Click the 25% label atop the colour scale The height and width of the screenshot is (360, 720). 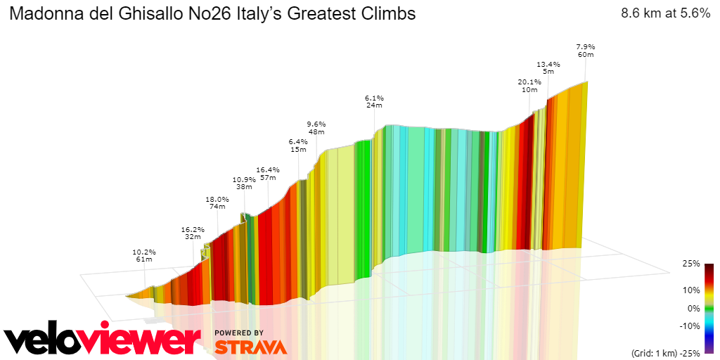pyautogui.click(x=691, y=264)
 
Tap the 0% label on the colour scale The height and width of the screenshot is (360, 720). pyautogui.click(x=693, y=308)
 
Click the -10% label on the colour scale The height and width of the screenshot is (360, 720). pyautogui.click(x=690, y=326)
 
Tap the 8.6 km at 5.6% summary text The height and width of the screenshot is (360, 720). pyautogui.click(x=664, y=13)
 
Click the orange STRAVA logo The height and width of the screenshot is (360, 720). pyautogui.click(x=250, y=347)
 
